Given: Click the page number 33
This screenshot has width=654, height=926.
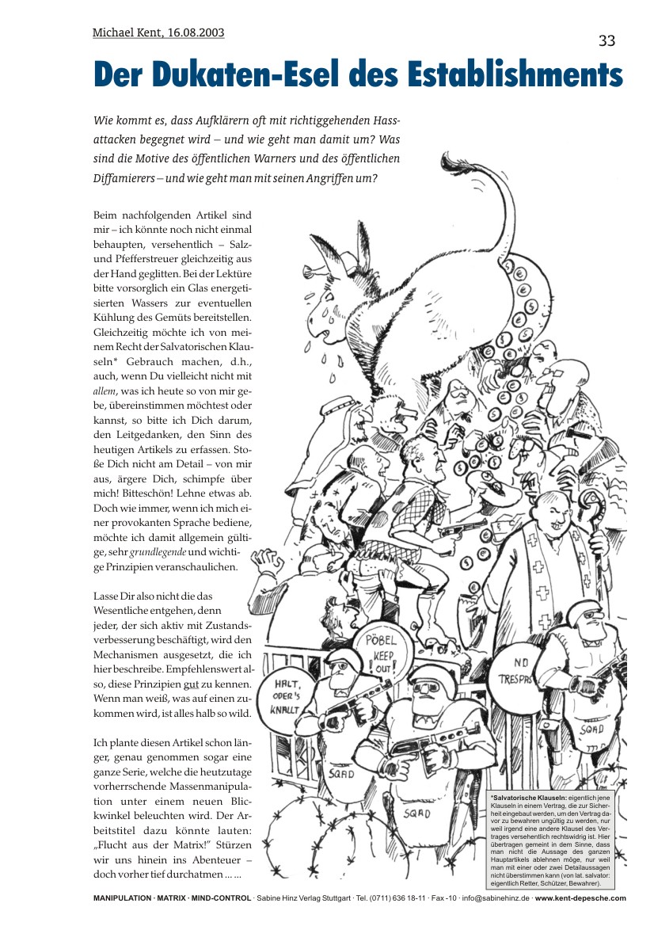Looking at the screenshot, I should pos(606,41).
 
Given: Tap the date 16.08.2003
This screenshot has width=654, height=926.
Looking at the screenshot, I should pos(196,32).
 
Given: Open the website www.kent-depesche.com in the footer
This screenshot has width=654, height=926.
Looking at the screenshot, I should pos(580,898).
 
